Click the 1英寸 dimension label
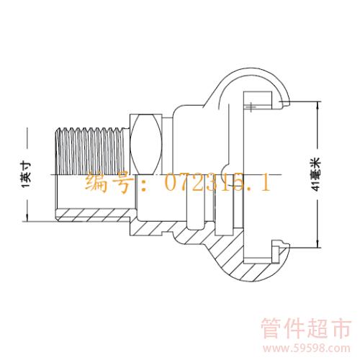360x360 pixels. (26, 175)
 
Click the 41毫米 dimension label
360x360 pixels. (316, 174)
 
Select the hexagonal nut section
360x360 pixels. (146, 144)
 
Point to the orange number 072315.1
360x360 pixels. (218, 181)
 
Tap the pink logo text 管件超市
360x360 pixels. (306, 328)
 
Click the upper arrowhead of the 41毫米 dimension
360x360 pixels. (318, 104)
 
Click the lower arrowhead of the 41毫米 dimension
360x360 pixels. (318, 244)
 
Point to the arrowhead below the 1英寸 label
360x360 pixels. (27, 217)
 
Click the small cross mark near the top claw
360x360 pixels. (251, 107)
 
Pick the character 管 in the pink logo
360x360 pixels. (271, 328)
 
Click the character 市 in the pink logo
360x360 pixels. (341, 328)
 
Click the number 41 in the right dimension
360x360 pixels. (316, 186)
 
